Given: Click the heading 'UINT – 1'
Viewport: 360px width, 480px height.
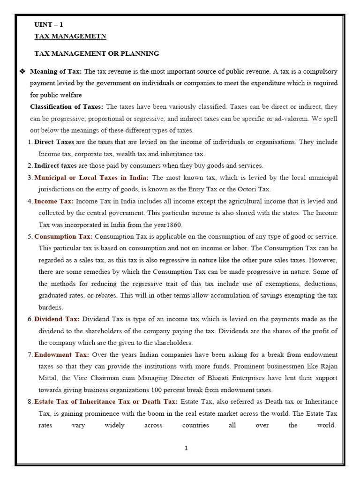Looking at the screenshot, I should coord(48,24).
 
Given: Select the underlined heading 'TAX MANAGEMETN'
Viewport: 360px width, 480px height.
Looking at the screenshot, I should coord(70,36).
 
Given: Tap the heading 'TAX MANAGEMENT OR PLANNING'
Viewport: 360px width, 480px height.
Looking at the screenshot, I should coord(97,53).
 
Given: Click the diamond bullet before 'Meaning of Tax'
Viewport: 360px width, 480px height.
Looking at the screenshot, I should coord(22,71).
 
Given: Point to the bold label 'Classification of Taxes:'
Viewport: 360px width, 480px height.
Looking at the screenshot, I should coord(67,107).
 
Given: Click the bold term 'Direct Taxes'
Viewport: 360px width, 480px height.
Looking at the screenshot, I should coord(54,142).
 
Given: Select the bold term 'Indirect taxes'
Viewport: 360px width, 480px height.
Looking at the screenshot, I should coord(55,165).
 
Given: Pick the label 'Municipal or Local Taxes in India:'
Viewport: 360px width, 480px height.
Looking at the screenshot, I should coord(91,178).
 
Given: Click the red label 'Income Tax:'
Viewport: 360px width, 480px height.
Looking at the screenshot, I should coord(54,201).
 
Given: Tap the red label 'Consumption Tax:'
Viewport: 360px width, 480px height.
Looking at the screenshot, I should coord(63,236).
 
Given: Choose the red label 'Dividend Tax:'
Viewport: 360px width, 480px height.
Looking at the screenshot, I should coord(57,319).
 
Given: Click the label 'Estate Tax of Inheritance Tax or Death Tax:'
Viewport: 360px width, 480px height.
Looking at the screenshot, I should coord(106,402).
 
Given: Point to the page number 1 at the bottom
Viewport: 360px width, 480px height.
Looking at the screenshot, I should coord(186,449).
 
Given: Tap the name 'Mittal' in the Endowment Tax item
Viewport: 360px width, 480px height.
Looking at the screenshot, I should coord(49,378).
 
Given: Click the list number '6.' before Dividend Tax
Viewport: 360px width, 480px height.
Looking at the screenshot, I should coord(30,319).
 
